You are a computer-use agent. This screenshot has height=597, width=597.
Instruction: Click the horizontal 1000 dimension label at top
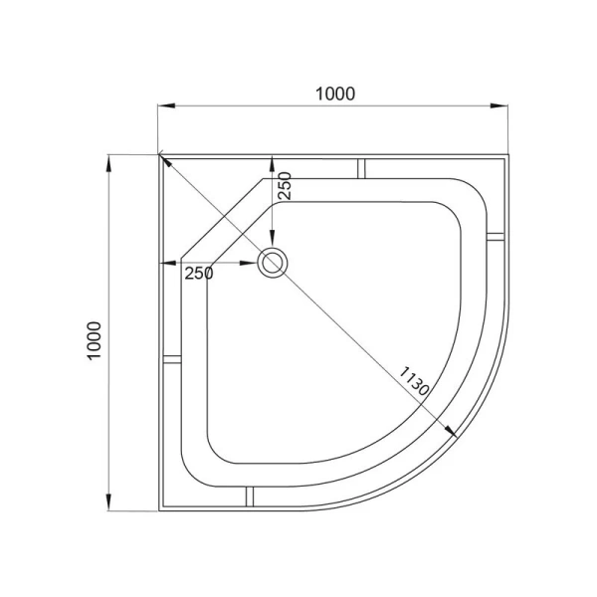[x=335, y=94]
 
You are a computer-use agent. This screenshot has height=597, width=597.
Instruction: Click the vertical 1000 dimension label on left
[x=95, y=340]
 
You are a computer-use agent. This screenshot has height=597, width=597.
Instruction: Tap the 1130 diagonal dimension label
[x=414, y=381]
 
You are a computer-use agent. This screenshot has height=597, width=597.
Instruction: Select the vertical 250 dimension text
[x=285, y=186]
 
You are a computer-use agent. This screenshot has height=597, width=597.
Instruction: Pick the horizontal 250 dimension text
[x=199, y=273]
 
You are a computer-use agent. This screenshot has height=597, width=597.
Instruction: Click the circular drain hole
[x=273, y=263]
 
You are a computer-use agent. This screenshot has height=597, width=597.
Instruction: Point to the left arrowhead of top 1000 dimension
[x=167, y=105]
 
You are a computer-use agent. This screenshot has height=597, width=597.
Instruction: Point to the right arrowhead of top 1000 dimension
[x=499, y=105]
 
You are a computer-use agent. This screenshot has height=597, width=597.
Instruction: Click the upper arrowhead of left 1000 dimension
[x=108, y=164]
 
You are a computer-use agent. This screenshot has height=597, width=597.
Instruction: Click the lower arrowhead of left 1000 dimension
[x=108, y=501]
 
